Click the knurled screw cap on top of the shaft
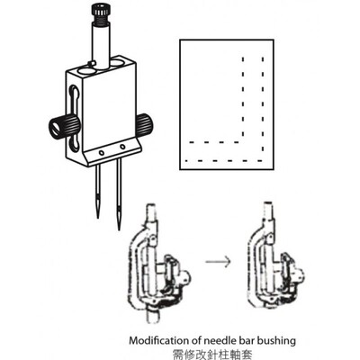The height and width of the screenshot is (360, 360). pyautogui.click(x=100, y=13)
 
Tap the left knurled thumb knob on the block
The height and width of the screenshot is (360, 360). pyautogui.click(x=63, y=127)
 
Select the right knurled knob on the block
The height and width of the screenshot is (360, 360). pyautogui.click(x=144, y=124)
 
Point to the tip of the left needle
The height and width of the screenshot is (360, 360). pyautogui.click(x=98, y=217)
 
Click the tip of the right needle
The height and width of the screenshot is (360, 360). pyautogui.click(x=119, y=229)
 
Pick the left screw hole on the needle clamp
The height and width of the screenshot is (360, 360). pyautogui.click(x=102, y=153)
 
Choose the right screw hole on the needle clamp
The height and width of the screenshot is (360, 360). pyautogui.click(x=122, y=147)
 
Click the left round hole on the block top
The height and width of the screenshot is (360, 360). pyautogui.click(x=85, y=70)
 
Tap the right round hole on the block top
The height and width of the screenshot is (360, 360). pyautogui.click(x=119, y=63)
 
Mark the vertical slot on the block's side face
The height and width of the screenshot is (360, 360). pyautogui.click(x=75, y=117)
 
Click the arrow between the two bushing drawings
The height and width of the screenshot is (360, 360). pyautogui.click(x=218, y=261)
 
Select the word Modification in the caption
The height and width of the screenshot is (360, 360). pyautogui.click(x=159, y=341)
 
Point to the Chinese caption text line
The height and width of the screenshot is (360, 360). pyautogui.click(x=211, y=354)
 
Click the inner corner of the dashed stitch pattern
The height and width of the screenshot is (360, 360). pyautogui.click(x=243, y=141)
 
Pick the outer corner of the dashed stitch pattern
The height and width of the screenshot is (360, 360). pyautogui.click(x=263, y=161)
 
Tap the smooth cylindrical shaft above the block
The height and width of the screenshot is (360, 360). pyautogui.click(x=101, y=45)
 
